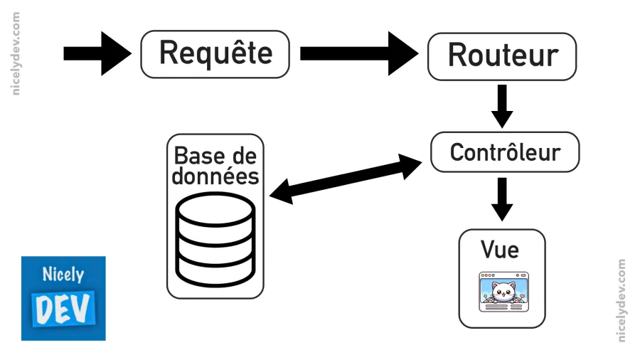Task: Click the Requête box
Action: pos(215,54)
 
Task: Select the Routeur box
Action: pos(502,55)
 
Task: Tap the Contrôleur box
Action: pos(505,152)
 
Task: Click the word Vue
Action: pos(499,250)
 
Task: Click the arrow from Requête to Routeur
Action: pos(358,54)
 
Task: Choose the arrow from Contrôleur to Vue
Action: pos(502,198)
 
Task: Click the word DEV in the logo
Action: pos(63,307)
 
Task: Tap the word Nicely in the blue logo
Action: pos(63,275)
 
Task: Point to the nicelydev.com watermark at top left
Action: pos(16,53)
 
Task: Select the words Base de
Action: pos(215,155)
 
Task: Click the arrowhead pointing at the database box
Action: pos(279,192)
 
